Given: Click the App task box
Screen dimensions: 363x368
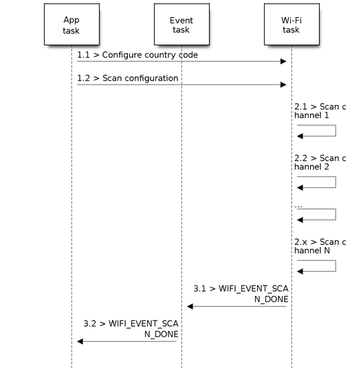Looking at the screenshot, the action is [71, 24].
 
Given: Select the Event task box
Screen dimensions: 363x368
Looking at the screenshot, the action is [181, 24].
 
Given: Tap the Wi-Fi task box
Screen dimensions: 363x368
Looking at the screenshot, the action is [291, 24].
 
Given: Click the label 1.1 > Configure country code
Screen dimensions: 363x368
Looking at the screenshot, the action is [137, 55].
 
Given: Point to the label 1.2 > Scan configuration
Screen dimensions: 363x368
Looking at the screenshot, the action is [128, 78].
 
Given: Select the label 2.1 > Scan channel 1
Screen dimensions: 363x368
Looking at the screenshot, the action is [320, 111].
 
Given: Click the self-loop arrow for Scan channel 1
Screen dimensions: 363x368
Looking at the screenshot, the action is [335, 130].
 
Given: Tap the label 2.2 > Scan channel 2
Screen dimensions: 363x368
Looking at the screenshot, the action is [320, 163].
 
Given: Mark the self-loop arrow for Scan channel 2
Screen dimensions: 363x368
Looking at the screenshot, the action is [335, 182].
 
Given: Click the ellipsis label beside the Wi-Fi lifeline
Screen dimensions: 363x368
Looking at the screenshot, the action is [298, 206].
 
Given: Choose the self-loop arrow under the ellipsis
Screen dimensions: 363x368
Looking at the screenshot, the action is [335, 214].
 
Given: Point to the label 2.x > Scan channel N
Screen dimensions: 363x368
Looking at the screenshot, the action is [320, 246].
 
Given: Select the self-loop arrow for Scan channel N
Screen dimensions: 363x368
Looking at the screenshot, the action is [335, 266].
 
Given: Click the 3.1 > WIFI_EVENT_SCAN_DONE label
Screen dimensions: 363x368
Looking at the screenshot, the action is [241, 294].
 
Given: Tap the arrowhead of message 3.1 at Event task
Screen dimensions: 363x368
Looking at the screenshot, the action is [190, 306].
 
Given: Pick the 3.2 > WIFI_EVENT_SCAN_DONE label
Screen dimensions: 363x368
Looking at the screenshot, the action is [131, 329].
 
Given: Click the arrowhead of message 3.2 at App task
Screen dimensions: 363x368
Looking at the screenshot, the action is [80, 341].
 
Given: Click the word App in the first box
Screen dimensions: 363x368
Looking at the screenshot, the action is [71, 20].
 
